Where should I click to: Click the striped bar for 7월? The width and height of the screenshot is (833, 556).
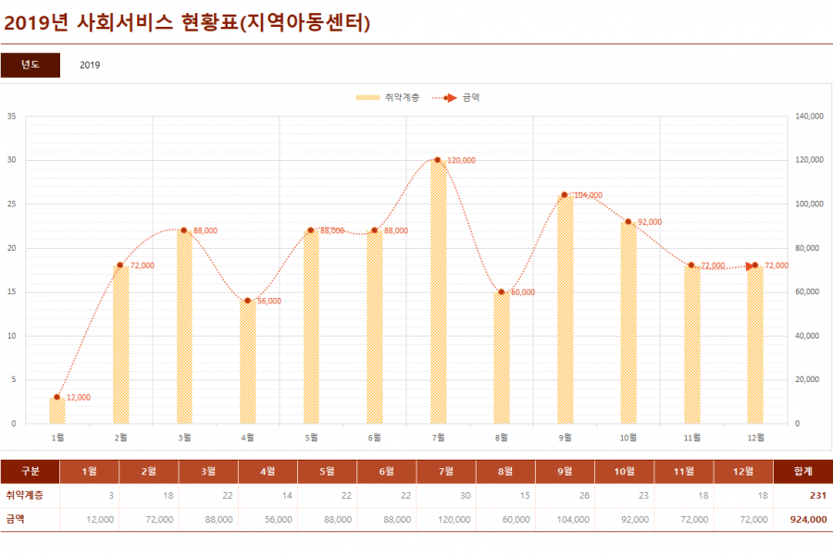438,291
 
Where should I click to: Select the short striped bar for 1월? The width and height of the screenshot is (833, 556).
57,410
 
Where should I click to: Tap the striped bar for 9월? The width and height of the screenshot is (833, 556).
565,309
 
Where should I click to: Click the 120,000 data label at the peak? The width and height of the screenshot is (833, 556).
461,160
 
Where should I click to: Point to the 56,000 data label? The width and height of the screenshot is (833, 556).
269,301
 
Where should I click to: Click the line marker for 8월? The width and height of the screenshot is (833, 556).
502,292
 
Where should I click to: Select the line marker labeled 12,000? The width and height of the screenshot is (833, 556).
57,397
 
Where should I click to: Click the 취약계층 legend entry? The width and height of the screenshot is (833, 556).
388,97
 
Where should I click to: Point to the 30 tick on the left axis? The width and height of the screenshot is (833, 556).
12,160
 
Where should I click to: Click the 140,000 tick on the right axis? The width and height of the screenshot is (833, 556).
809,117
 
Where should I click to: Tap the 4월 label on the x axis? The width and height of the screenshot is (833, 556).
248,437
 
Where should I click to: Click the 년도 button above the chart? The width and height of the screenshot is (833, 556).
31,65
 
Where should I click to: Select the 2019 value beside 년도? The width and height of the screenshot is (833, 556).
90,65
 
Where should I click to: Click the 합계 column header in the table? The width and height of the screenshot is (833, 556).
802,472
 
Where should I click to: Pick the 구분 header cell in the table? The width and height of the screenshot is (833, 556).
31,472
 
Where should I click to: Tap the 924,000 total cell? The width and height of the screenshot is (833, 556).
809,520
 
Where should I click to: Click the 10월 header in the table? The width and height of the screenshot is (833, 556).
625,472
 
